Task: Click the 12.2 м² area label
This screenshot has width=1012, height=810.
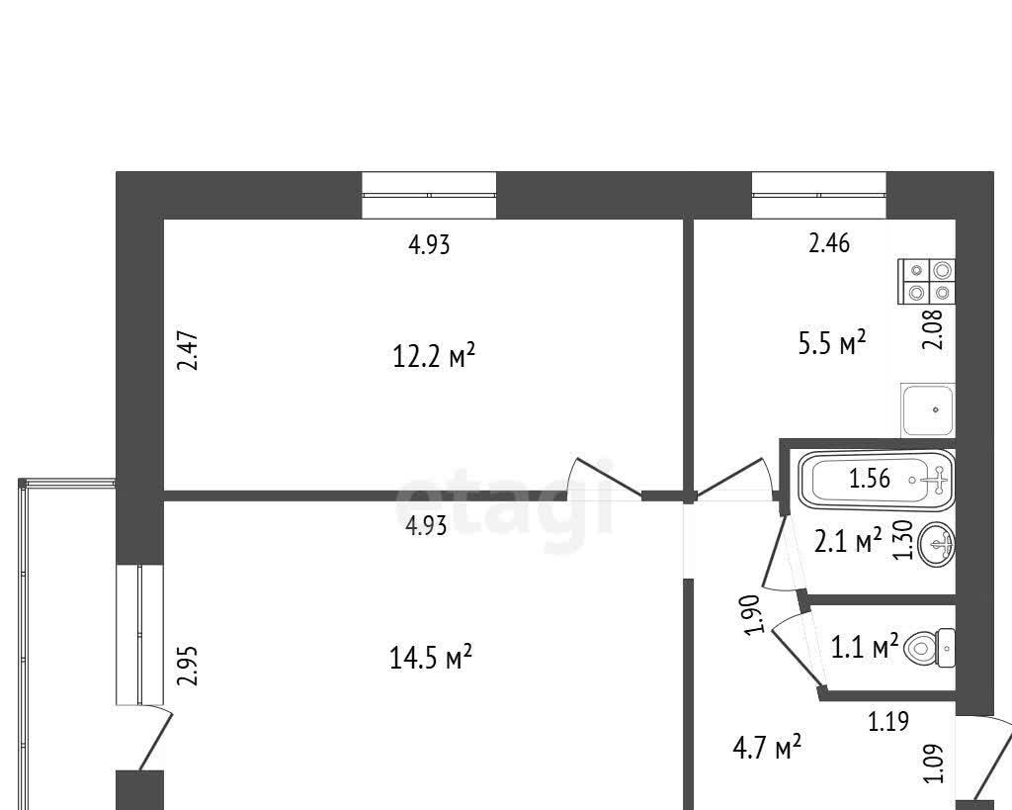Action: [434, 356]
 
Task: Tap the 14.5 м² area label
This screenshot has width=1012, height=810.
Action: [431, 658]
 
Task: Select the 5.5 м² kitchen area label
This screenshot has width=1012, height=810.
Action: [832, 343]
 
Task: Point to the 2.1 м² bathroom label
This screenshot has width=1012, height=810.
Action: [848, 541]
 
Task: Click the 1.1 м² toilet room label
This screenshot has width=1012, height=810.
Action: [864, 646]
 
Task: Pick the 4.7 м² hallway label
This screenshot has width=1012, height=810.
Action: [767, 748]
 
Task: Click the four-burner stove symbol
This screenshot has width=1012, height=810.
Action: [927, 282]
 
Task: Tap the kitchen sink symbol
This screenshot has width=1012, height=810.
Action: [928, 410]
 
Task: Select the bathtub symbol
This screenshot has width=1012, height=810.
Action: [877, 480]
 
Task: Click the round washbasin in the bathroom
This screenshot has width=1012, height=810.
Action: [937, 545]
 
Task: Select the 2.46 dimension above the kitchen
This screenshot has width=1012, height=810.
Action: [829, 243]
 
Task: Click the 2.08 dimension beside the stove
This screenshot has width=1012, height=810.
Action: [934, 329]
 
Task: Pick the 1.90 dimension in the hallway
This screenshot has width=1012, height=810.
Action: [756, 613]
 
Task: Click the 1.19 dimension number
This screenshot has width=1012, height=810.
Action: [888, 721]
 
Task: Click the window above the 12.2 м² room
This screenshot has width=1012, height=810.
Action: [429, 195]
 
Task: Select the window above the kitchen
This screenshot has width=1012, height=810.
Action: [819, 195]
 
